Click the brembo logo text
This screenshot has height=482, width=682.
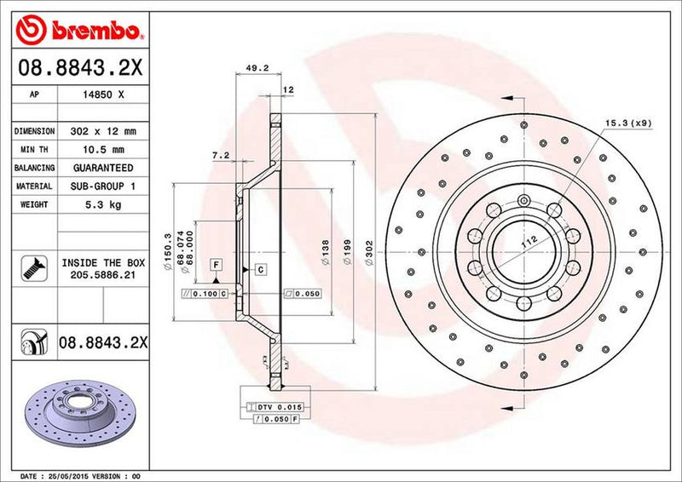point(94,32)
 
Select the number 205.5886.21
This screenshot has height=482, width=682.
point(103,276)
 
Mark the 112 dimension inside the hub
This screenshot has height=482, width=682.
point(528,241)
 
